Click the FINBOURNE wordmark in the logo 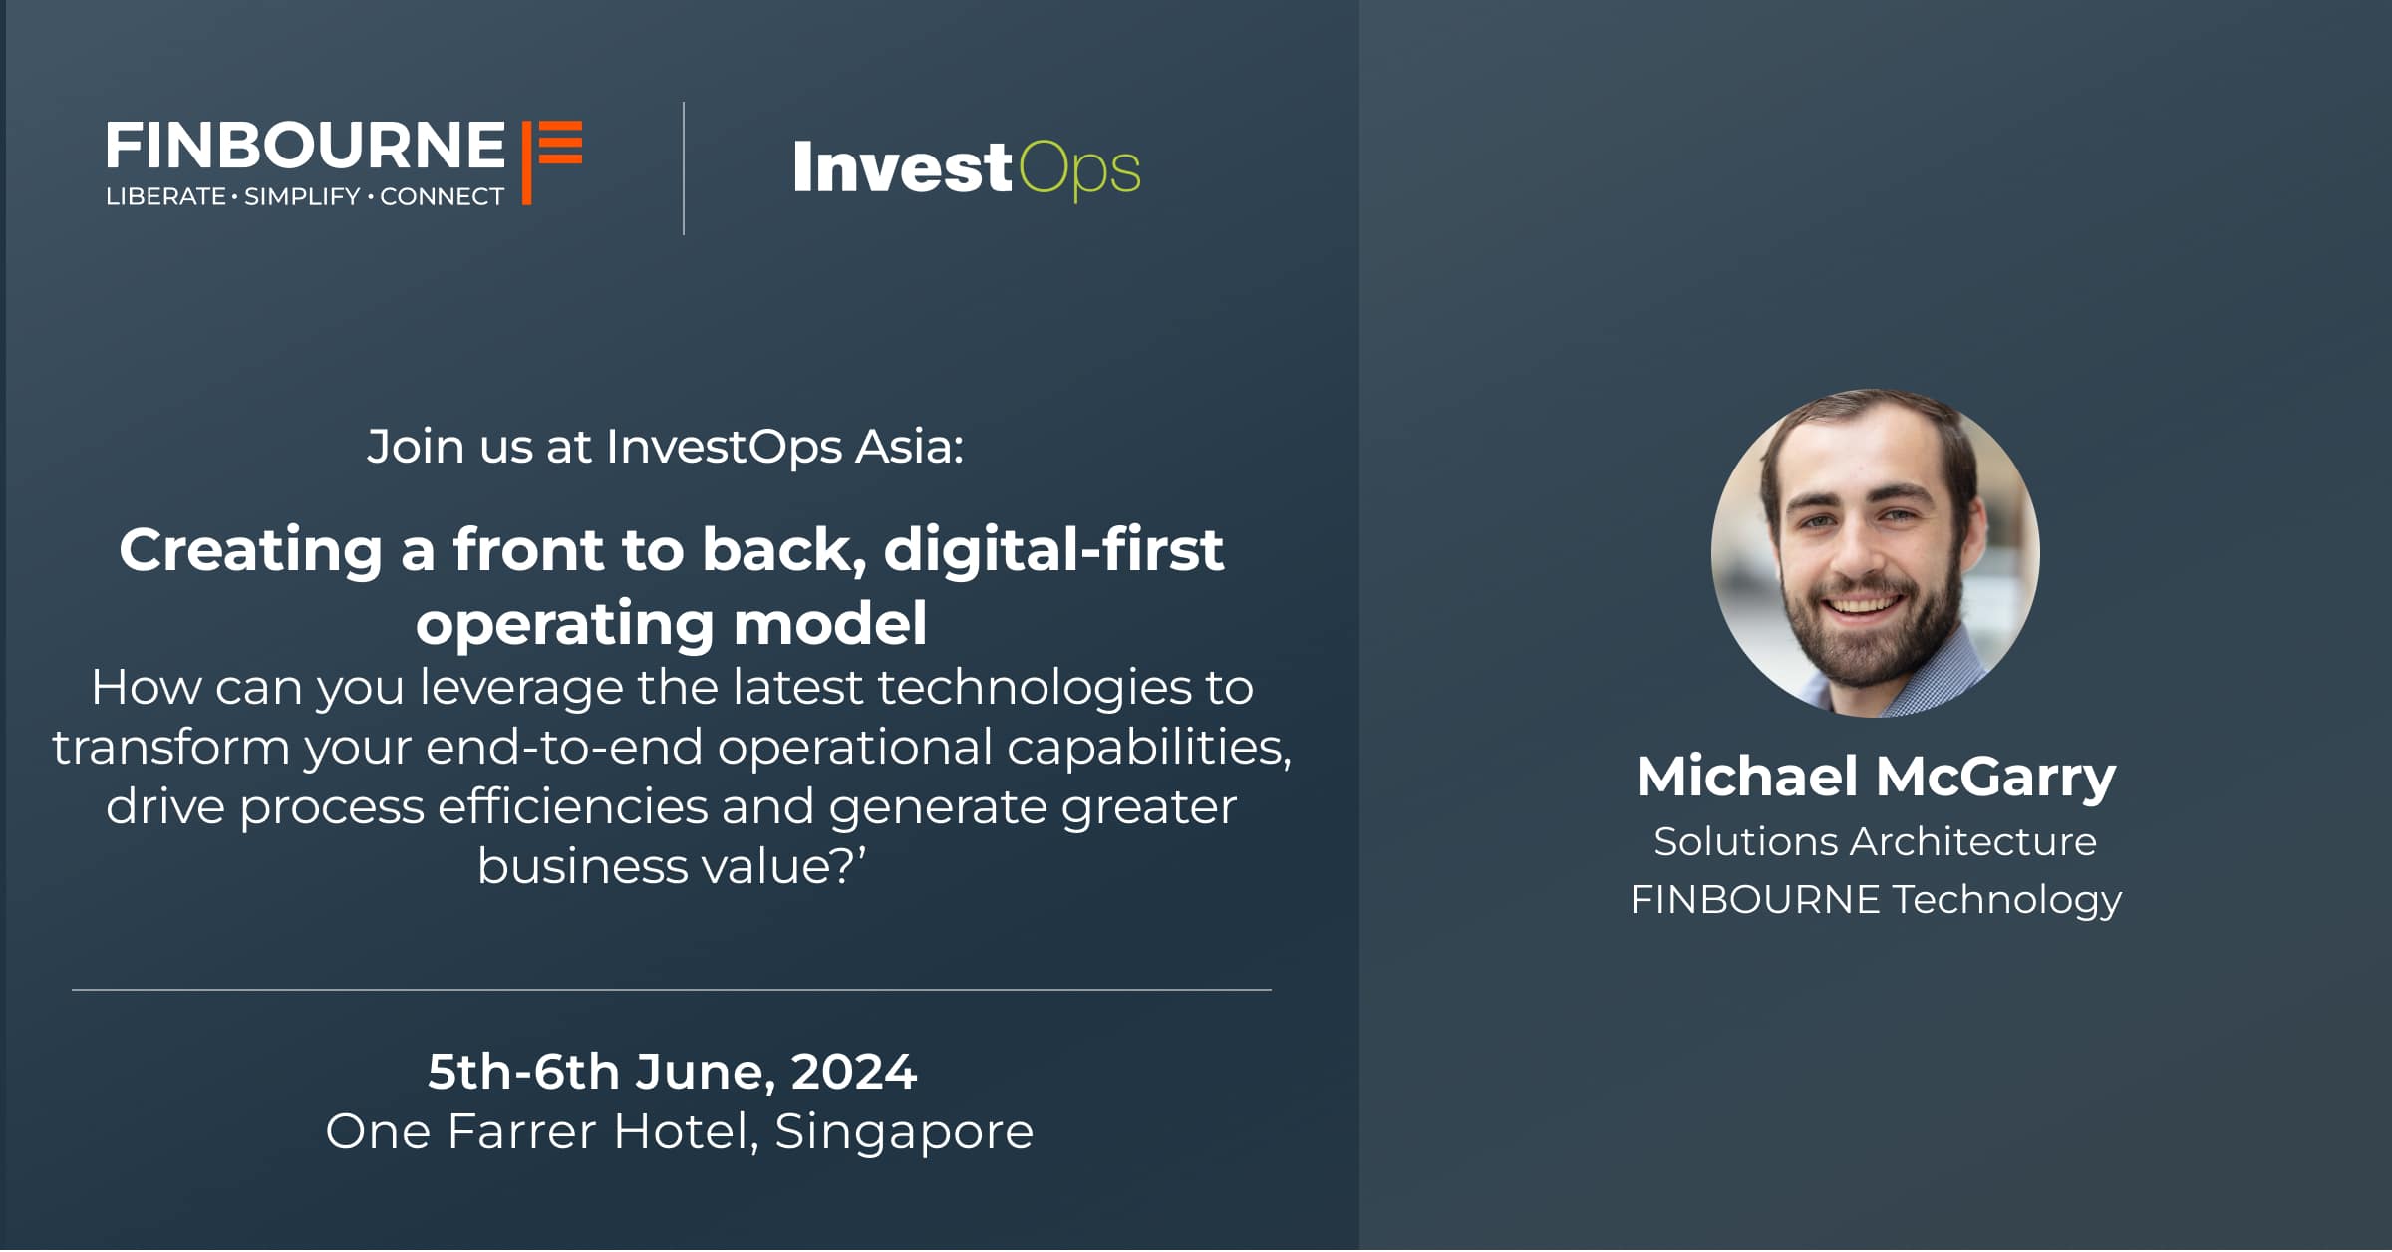(305, 146)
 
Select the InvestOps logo (967, 169)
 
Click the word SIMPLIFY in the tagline (302, 196)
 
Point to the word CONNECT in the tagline (442, 196)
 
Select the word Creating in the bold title (250, 550)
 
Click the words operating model (672, 623)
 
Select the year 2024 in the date (853, 1072)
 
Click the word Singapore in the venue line (904, 1132)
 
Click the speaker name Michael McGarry (1876, 777)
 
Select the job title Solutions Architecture (1875, 841)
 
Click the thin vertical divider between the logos (684, 168)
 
